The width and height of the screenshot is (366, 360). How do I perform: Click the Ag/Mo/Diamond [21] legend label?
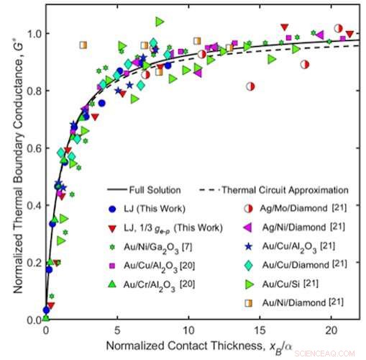297,209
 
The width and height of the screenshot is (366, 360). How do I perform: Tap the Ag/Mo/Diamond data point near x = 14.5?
250,86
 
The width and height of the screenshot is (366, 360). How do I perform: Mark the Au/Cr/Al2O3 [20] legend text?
147,284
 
